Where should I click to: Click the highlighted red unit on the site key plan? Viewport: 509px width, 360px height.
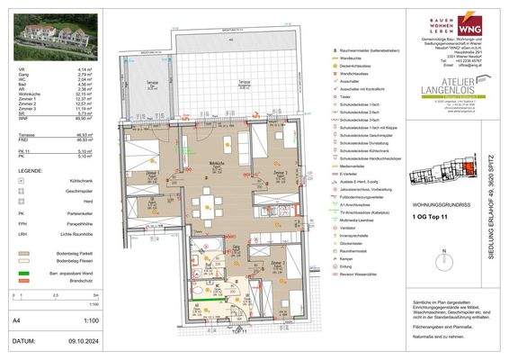click(469, 165)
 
